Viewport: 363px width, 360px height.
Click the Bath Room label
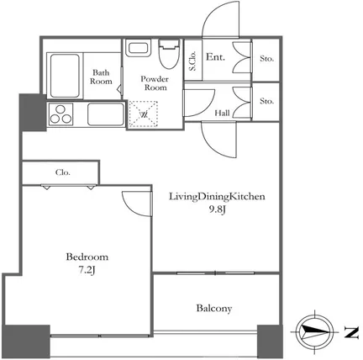(x=101, y=77)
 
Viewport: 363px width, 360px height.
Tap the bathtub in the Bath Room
(x=65, y=76)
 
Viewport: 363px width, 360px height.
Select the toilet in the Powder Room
(x=169, y=54)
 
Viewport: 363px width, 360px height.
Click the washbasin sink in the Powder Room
(x=138, y=48)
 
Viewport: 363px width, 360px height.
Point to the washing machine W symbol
(x=144, y=114)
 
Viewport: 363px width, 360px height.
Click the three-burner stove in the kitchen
(x=60, y=114)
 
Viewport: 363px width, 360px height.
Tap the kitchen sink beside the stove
(x=106, y=114)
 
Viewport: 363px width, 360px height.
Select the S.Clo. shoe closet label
(x=192, y=61)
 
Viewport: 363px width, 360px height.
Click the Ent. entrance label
(x=215, y=57)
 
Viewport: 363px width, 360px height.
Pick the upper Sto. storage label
(x=266, y=59)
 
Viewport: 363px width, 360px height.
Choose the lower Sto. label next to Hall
(x=266, y=101)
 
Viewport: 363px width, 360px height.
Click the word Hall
(x=222, y=113)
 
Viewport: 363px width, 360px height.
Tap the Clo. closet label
(x=63, y=172)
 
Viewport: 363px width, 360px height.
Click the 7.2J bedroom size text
(x=87, y=270)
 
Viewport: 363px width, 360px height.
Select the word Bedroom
(x=87, y=257)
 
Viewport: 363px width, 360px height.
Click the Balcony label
(x=214, y=309)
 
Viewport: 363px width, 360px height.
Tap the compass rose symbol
(x=315, y=331)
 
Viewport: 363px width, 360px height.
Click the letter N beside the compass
(x=351, y=332)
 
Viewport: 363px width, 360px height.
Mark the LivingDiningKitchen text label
(x=217, y=197)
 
